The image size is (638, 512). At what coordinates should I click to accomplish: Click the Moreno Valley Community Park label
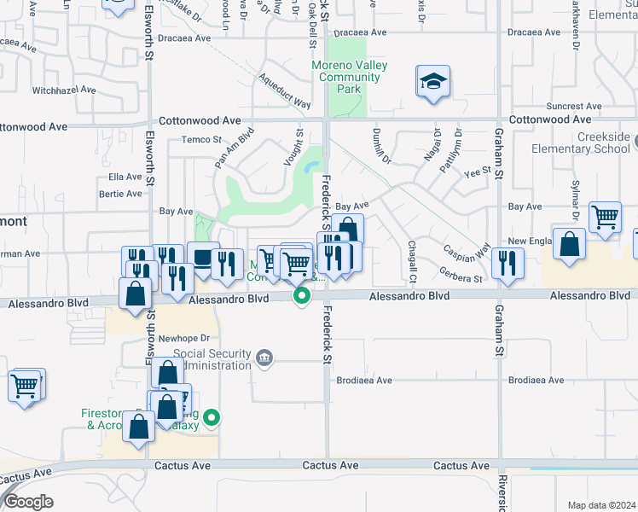click(x=349, y=77)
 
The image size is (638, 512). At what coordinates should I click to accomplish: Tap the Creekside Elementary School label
click(x=591, y=143)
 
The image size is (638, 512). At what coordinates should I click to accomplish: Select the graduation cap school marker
click(x=433, y=82)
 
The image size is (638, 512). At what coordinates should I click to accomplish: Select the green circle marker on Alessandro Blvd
click(x=301, y=296)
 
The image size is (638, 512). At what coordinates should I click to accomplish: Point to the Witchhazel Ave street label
click(x=61, y=90)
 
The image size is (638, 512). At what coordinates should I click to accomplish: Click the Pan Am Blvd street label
click(x=235, y=147)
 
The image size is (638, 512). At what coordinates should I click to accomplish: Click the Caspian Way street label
click(x=466, y=253)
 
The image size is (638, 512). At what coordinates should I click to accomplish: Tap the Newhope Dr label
click(x=190, y=337)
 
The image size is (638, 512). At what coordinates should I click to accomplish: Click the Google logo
click(x=28, y=503)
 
